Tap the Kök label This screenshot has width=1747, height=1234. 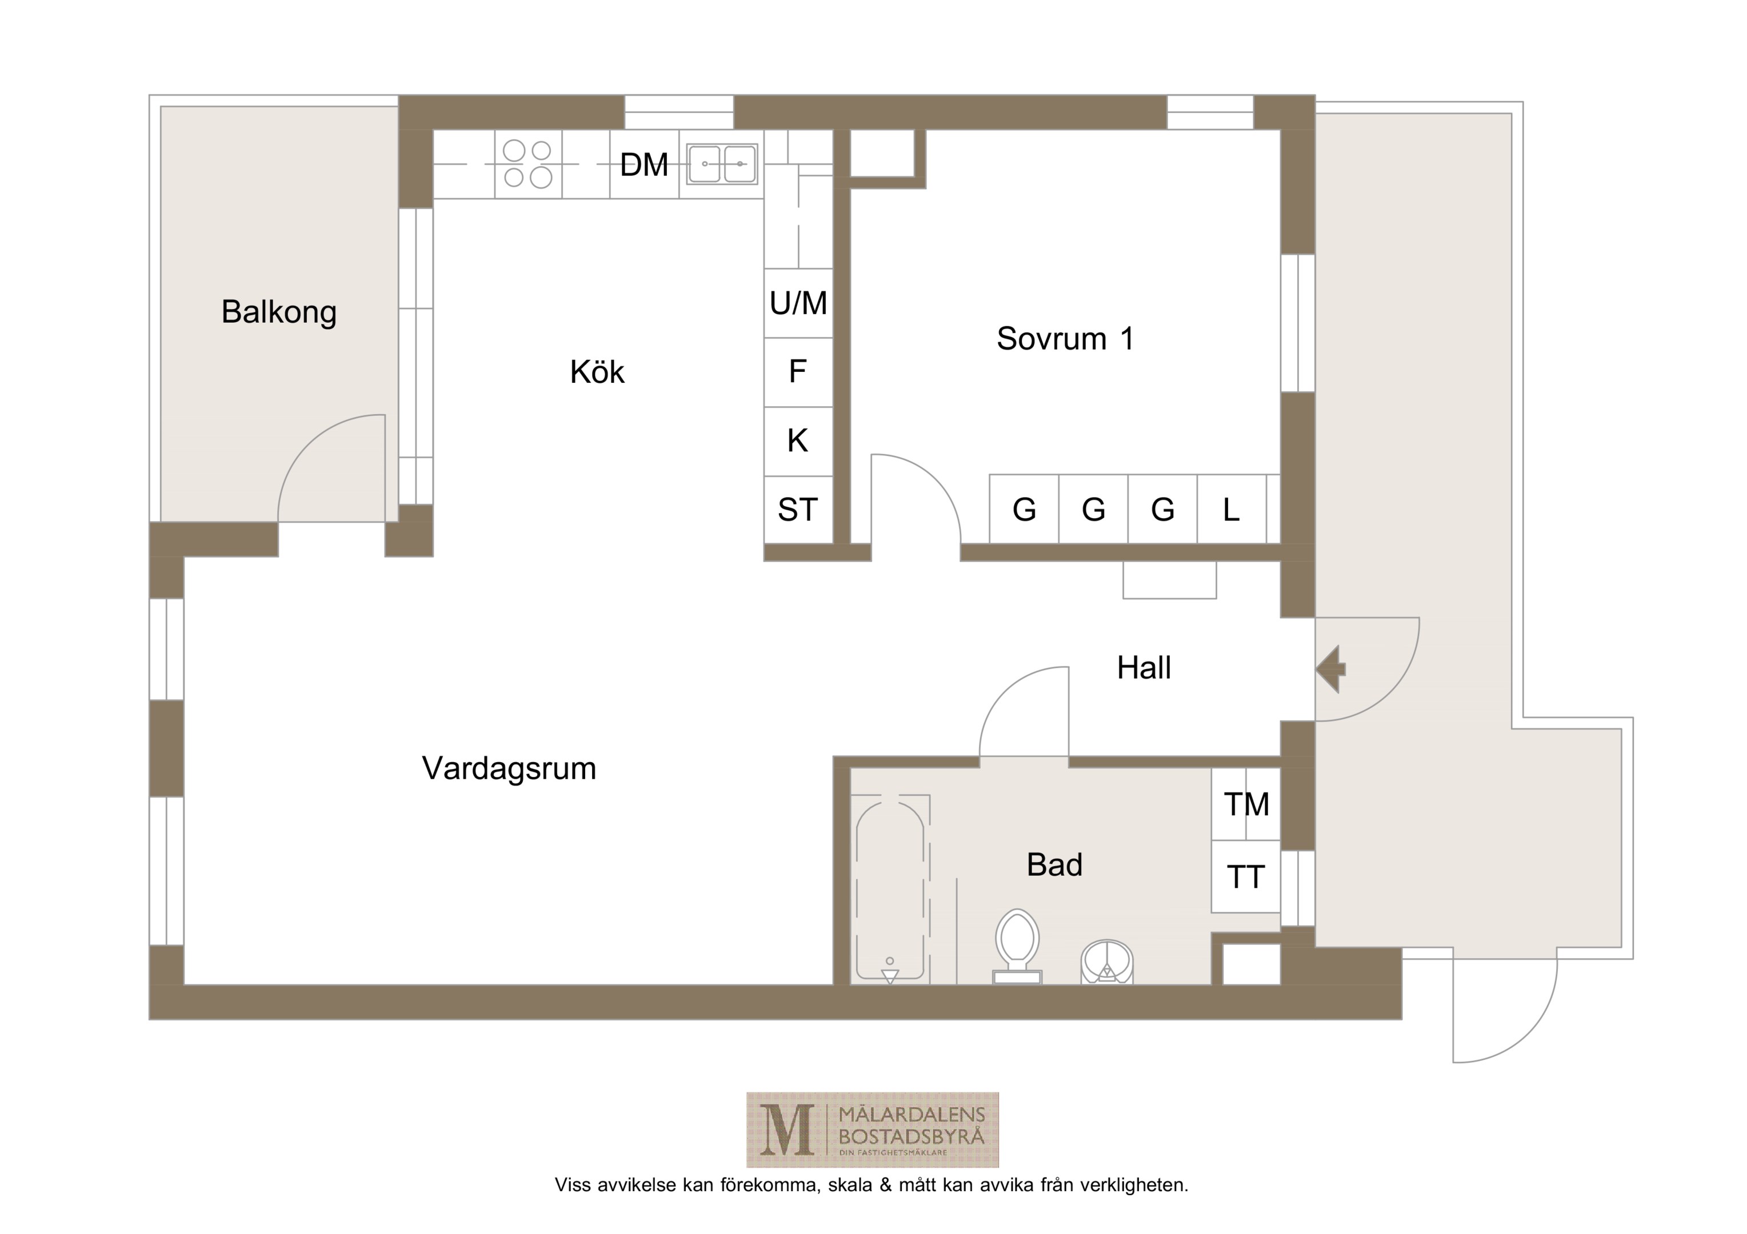[x=597, y=372]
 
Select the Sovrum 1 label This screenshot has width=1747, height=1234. [x=1065, y=339]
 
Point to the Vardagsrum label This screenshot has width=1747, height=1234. [x=509, y=768]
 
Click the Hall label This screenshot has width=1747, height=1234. [x=1144, y=668]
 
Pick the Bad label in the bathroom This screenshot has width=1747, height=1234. [x=1054, y=865]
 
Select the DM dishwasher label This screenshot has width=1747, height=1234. [x=643, y=165]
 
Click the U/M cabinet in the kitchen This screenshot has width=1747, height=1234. [x=798, y=303]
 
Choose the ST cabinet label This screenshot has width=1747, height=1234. [x=797, y=510]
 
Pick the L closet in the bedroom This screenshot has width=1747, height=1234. [x=1231, y=509]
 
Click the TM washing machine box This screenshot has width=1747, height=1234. [x=1246, y=804]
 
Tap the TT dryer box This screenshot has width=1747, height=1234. [x=1246, y=876]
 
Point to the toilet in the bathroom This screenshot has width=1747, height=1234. [x=1017, y=945]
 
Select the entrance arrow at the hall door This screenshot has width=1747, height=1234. [x=1331, y=670]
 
